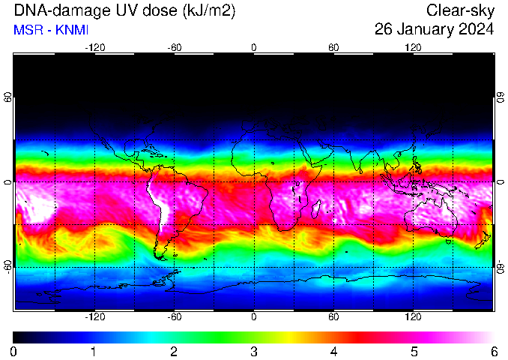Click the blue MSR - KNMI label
[51, 30]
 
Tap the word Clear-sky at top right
[460, 11]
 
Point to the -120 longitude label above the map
[95, 48]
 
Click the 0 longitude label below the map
[254, 316]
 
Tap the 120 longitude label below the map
[413, 316]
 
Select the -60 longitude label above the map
[175, 48]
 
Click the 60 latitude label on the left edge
[7, 97]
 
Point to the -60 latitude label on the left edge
[7, 266]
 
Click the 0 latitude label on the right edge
[501, 182]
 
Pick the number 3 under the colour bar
[254, 352]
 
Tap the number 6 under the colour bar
[494, 352]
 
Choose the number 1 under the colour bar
[94, 352]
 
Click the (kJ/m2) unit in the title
[208, 11]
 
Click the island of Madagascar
[316, 208]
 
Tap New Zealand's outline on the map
[483, 240]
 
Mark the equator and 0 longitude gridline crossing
[254, 182]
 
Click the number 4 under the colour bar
[333, 352]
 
